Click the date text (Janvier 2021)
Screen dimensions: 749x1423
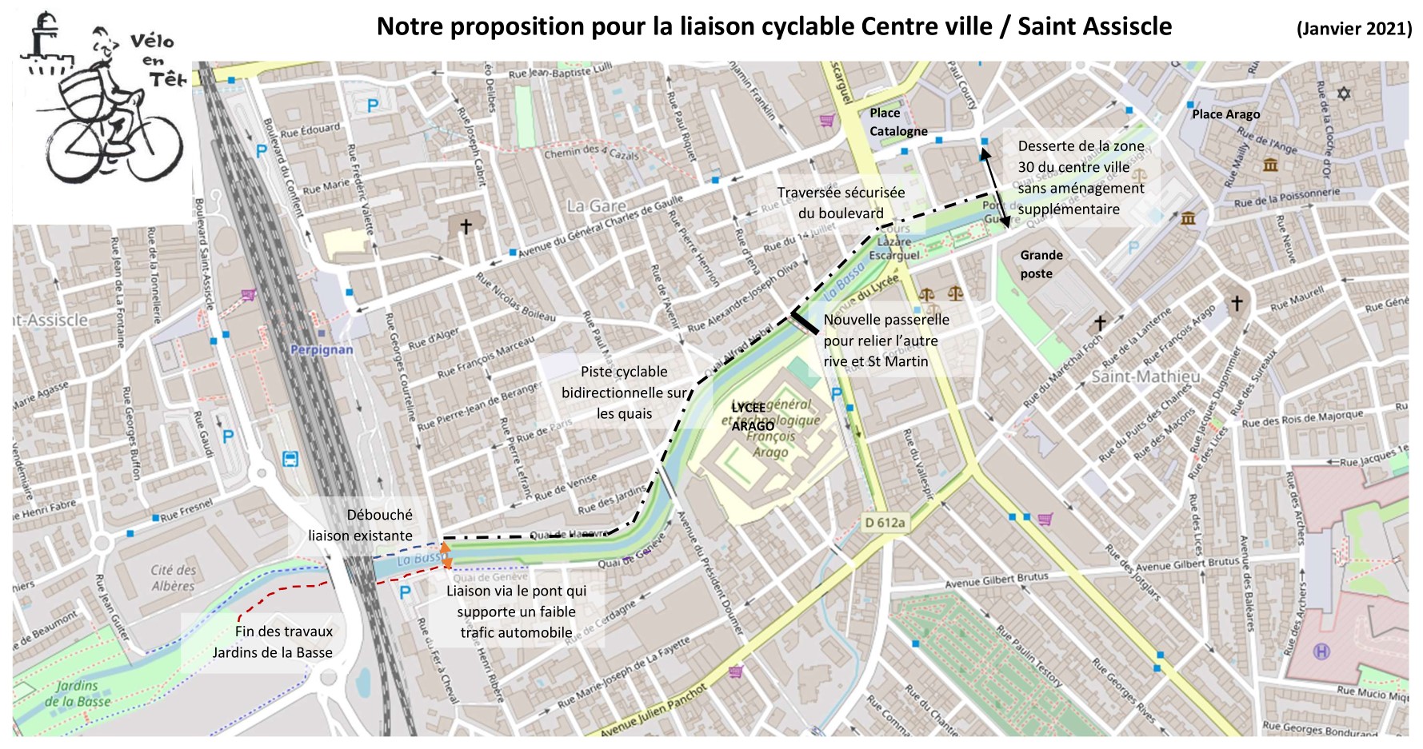pos(1353,28)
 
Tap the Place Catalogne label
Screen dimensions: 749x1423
pos(897,122)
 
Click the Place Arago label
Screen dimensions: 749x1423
pos(1225,114)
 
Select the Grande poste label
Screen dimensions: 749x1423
pos(1041,265)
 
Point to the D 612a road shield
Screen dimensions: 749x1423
pos(885,523)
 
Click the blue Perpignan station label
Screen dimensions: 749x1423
pos(322,349)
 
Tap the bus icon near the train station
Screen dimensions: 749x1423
pos(290,460)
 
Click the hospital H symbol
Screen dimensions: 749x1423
pos(1321,651)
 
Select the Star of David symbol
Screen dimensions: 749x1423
pos(1344,94)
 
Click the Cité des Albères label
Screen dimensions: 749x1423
pos(174,577)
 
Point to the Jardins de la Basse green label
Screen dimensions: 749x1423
pos(78,694)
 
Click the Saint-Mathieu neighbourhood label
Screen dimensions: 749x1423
pos(1145,376)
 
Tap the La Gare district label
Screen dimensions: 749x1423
pos(596,206)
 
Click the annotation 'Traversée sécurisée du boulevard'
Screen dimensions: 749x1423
pos(841,203)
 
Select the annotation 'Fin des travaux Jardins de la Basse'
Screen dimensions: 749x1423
pos(273,642)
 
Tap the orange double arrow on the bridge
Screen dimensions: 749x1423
pos(446,556)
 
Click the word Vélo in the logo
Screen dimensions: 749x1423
pos(152,42)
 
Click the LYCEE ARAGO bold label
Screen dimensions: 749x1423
pos(752,416)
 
